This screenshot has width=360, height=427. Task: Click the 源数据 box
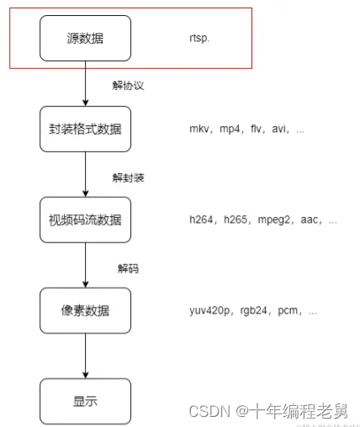[x=85, y=38]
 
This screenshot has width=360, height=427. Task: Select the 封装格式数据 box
[x=85, y=129]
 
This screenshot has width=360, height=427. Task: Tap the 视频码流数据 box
[x=85, y=220]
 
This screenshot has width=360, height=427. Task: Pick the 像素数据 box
[x=85, y=311]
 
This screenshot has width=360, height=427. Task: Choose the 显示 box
[x=85, y=401]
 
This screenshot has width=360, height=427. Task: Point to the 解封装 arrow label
[x=129, y=177]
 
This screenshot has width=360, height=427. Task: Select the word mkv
[x=201, y=130]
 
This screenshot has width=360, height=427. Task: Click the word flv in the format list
[x=257, y=130]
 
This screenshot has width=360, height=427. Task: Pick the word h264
[x=203, y=221]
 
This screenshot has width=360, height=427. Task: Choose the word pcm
[x=292, y=311]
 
